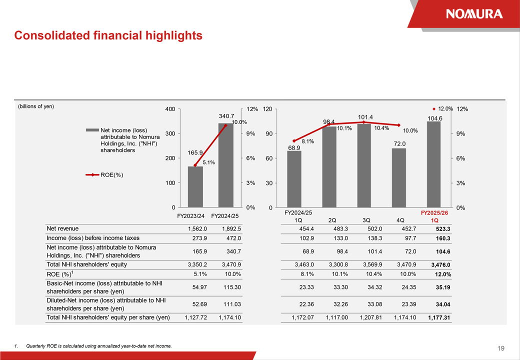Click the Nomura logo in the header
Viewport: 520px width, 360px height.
474,13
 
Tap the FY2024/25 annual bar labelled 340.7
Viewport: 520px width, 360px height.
225,165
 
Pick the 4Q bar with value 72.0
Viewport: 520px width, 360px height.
398,177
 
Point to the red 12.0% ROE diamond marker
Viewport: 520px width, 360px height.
434,108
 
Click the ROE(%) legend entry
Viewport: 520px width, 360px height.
104,175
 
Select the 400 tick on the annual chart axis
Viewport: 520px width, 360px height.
170,109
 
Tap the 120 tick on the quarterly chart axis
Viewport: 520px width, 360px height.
267,109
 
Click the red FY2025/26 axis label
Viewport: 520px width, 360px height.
434,212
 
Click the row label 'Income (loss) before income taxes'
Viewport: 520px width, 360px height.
93,238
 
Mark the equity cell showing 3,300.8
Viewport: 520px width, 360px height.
337,264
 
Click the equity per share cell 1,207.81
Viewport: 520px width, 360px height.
370,317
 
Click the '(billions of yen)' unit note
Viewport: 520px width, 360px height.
36,106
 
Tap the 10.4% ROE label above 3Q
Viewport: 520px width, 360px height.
381,128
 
